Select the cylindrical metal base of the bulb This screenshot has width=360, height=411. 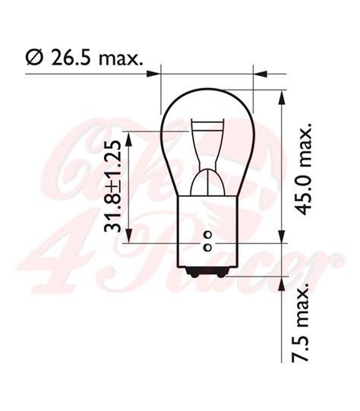pos(207,228)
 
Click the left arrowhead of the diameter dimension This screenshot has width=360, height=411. pos(156,74)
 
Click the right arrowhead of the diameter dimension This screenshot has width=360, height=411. pos(259,74)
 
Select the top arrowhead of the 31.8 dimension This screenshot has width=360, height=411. pos(131,134)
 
